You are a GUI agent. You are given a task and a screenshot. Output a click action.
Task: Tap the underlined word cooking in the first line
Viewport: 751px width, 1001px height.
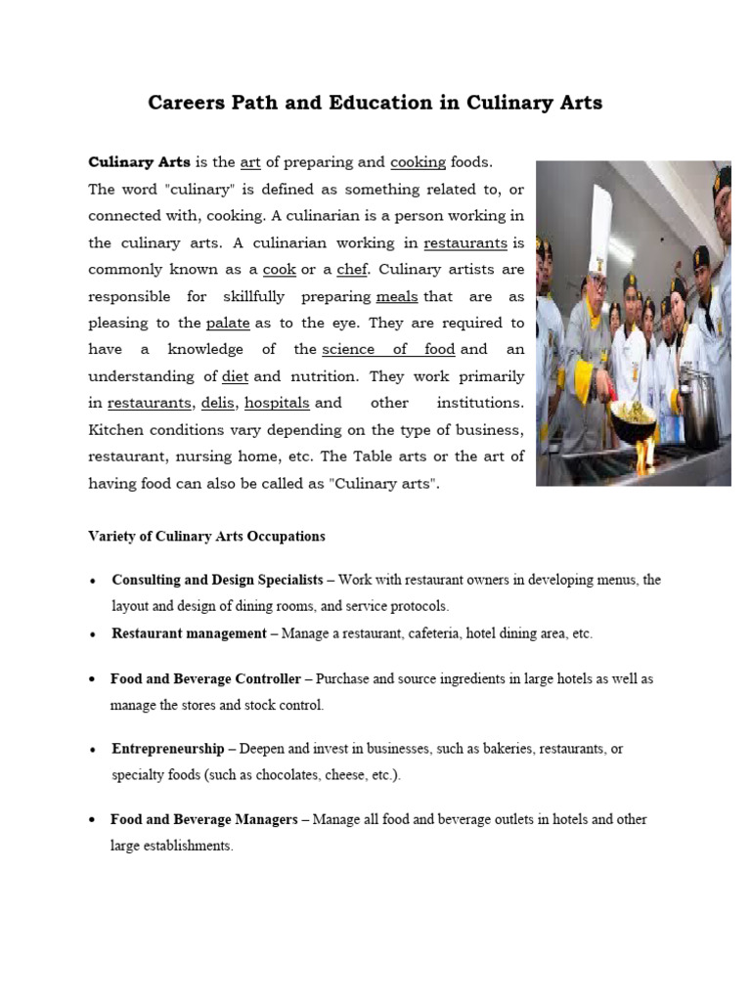coord(418,162)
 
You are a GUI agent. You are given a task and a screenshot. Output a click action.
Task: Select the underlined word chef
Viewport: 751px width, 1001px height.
coord(351,269)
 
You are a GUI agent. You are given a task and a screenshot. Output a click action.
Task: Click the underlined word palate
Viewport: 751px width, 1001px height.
coord(228,323)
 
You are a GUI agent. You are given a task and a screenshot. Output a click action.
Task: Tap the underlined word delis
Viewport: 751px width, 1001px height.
coord(218,403)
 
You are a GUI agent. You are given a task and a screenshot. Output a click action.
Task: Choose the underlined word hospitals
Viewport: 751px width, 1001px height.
coord(277,403)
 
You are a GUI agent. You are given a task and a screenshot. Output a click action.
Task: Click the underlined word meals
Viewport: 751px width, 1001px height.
coord(396,296)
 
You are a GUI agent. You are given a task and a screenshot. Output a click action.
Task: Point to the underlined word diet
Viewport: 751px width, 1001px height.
coord(235,376)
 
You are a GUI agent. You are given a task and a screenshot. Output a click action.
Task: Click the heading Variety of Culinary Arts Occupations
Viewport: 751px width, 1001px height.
coord(206,537)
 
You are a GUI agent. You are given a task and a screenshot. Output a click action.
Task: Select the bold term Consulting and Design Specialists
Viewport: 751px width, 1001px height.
coord(217,580)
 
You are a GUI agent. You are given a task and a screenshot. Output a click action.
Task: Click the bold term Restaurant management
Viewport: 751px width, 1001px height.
coord(189,633)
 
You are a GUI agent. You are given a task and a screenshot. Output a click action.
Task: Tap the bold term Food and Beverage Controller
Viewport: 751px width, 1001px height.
coord(205,678)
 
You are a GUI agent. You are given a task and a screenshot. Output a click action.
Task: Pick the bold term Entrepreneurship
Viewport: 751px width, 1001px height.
coord(167,749)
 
